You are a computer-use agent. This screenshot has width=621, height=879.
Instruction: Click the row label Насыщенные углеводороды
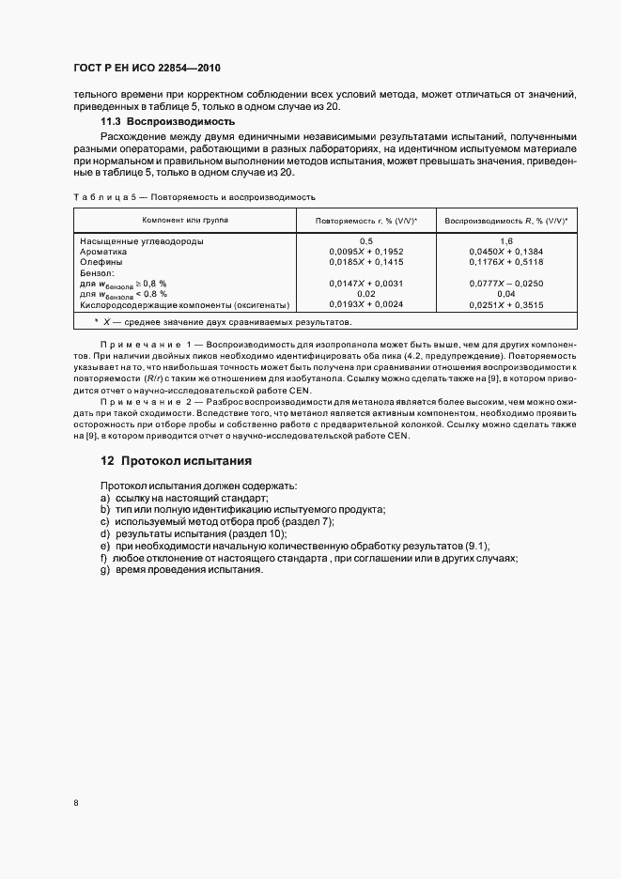[142, 241]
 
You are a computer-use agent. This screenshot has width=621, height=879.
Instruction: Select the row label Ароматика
[106, 252]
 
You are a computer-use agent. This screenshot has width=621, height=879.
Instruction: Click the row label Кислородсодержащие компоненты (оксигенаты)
[184, 304]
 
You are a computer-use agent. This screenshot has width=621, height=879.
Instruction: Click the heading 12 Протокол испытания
[176, 461]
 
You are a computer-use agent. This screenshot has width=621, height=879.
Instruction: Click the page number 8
[75, 803]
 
